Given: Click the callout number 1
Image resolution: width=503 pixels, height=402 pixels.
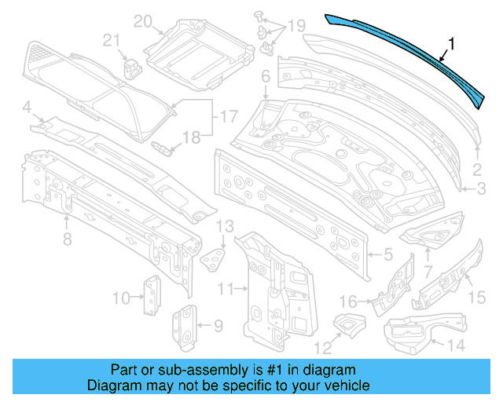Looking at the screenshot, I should click(x=451, y=45).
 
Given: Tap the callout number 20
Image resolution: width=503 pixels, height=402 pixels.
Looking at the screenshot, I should click(x=141, y=21).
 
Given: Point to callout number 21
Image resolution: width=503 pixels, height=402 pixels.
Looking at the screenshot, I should click(x=112, y=41).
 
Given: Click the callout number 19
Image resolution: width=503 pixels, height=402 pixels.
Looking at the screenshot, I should click(x=295, y=27).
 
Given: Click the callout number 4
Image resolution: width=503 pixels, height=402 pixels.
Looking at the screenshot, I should click(x=27, y=107).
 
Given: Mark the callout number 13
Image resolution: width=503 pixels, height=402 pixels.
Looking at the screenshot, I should click(x=225, y=227).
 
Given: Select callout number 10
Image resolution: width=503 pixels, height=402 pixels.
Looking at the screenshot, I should click(x=120, y=297).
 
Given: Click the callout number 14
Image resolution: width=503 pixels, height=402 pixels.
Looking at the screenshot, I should click(x=455, y=345).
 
